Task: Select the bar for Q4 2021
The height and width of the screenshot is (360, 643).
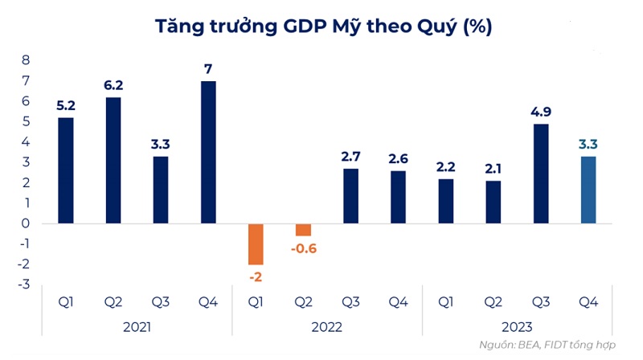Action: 208,152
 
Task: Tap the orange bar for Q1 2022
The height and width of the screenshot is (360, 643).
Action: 256,243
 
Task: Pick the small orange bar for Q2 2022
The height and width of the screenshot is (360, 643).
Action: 303,230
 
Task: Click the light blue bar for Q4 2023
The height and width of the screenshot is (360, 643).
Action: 588,190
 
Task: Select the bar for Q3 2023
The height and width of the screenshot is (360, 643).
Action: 541,174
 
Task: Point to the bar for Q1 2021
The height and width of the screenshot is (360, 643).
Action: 66,170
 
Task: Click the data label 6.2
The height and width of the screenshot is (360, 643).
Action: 113,84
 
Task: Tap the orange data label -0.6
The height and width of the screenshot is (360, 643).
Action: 303,248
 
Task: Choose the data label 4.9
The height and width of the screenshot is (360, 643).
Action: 541,111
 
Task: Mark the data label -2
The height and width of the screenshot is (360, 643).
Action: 256,277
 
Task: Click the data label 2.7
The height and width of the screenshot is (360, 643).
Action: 350,156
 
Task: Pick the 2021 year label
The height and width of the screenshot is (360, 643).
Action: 137,327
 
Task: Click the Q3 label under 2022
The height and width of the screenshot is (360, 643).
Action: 350,302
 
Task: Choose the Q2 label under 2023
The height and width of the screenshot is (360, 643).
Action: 494,302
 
